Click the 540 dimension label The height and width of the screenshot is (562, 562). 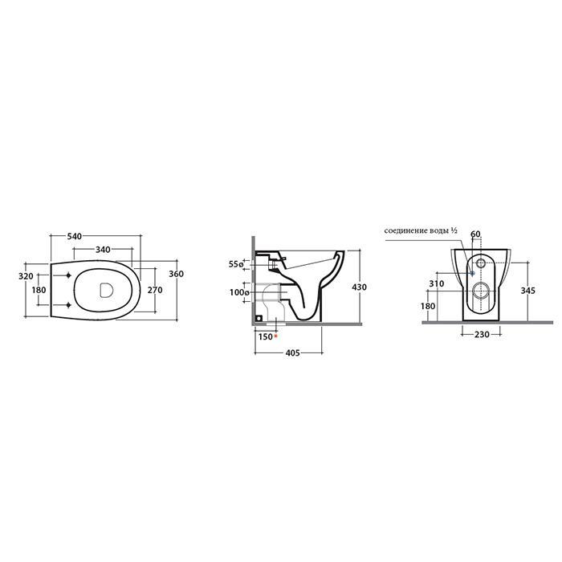pos(75,236)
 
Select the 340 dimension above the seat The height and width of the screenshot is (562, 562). pos(103,249)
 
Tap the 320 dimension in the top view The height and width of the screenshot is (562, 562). pos(26,276)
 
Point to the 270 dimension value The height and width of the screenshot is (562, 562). pos(155,290)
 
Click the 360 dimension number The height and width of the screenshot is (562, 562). pos(177,274)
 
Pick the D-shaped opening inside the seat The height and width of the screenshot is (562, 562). pos(106,290)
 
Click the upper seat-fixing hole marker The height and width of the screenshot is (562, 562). pos(68,275)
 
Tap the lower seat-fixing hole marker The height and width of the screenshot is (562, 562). pos(68,305)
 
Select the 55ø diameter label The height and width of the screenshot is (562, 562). pos(236,264)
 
